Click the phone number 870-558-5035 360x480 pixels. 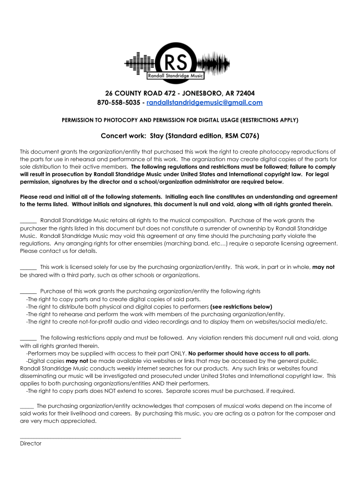point(118,103)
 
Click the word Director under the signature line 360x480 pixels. point(31,444)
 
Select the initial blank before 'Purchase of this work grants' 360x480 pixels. point(28,292)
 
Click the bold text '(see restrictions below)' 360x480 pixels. point(241,307)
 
